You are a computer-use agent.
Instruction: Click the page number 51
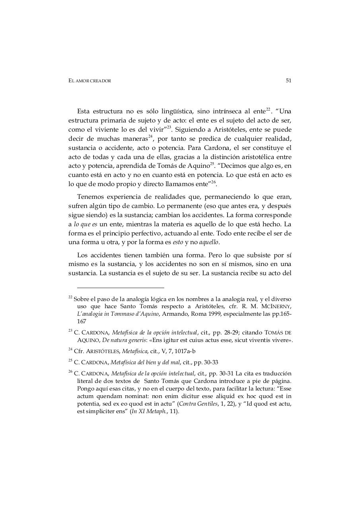pyautogui.click(x=288, y=81)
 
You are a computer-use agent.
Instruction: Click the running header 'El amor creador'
pyautogui.click(x=90, y=81)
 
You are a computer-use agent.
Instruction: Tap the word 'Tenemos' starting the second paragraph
pyautogui.click(x=90, y=196)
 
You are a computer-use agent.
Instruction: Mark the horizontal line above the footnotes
pyautogui.click(x=120, y=288)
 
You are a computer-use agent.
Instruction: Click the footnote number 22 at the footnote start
pyautogui.click(x=70, y=298)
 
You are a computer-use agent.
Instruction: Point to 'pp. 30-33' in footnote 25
pyautogui.click(x=206, y=362)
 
